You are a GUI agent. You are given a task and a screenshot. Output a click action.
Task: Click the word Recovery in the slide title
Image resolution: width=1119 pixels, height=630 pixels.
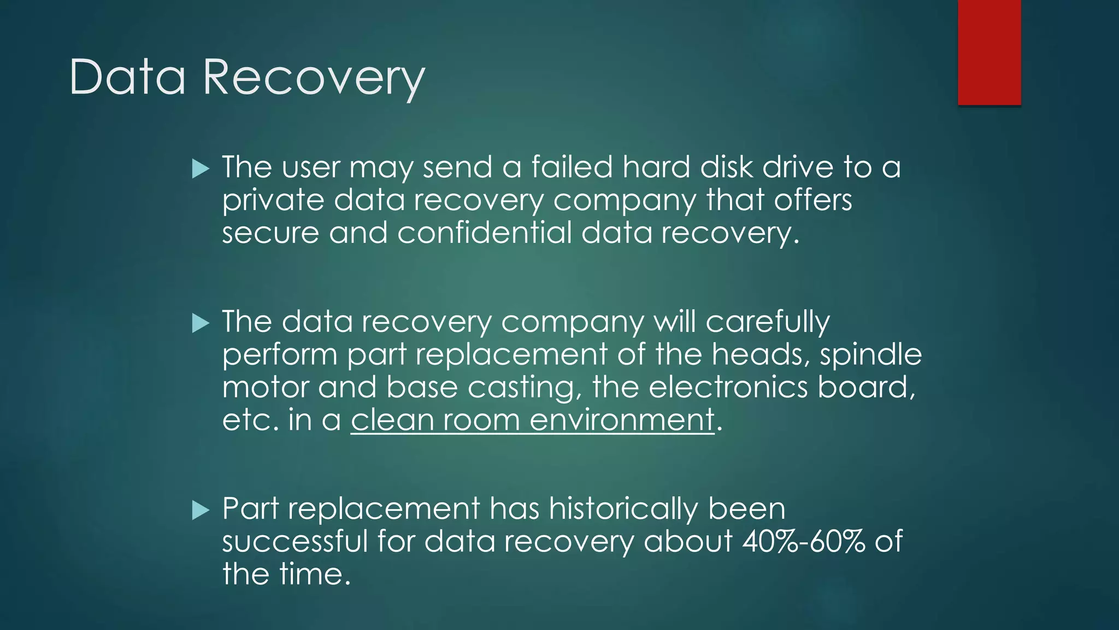pyautogui.click(x=314, y=78)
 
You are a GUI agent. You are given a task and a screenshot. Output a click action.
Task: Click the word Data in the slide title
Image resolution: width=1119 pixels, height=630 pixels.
pyautogui.click(x=128, y=78)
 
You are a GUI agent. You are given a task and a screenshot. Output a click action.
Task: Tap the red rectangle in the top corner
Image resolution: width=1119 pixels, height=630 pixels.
pyautogui.click(x=989, y=52)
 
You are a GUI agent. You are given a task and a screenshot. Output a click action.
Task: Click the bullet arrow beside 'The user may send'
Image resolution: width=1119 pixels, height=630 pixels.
pyautogui.click(x=201, y=169)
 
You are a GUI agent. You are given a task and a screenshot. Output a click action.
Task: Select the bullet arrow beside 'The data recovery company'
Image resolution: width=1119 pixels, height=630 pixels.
pyautogui.click(x=201, y=324)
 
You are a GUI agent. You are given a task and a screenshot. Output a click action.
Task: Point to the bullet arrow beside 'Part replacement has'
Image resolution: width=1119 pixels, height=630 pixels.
pyautogui.click(x=201, y=511)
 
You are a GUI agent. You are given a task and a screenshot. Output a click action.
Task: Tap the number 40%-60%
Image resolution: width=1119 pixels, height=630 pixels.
pyautogui.click(x=804, y=541)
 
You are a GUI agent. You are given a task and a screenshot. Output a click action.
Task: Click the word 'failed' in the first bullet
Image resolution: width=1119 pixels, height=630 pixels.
pyautogui.click(x=572, y=167)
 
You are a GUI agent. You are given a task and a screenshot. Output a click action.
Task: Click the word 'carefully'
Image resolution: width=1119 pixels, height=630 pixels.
pyautogui.click(x=768, y=323)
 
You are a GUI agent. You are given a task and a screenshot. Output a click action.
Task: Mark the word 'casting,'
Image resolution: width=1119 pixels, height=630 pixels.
pyautogui.click(x=525, y=388)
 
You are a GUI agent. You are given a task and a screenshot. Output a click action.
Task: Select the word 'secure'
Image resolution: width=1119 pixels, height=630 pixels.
pyautogui.click(x=270, y=234)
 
